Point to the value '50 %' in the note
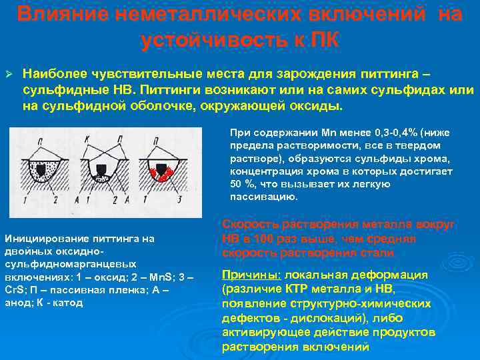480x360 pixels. (239, 183)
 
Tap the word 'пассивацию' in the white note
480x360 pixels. (255, 197)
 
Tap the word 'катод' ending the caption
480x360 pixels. (69, 302)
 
